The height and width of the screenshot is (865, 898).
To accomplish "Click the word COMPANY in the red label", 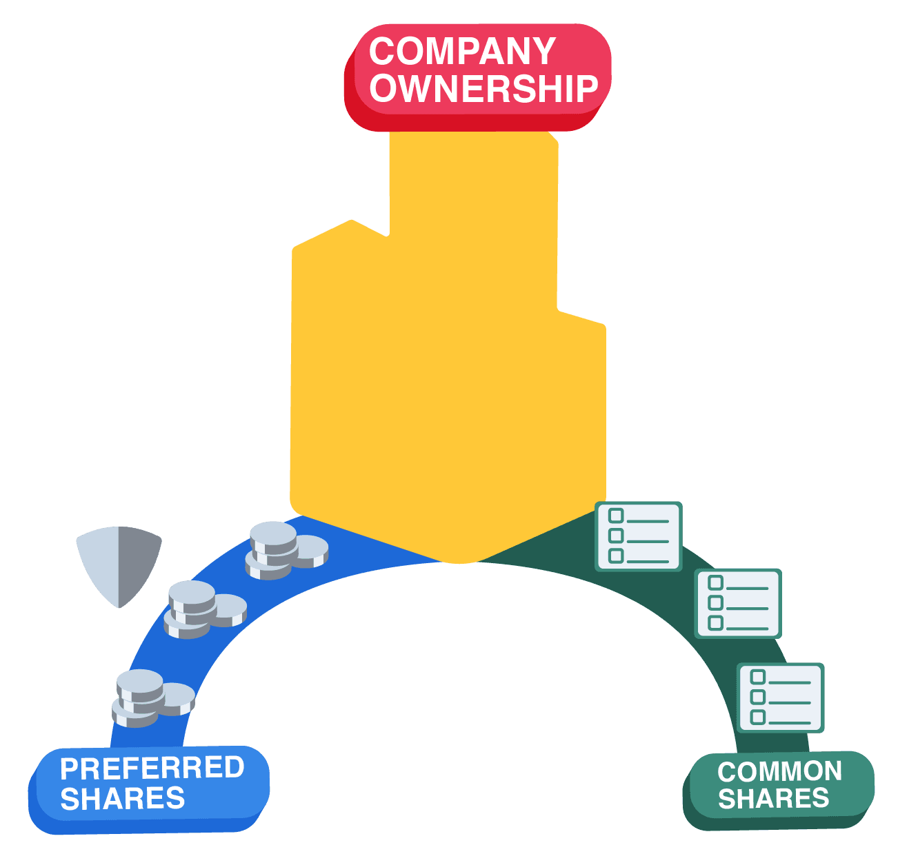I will coord(462,52).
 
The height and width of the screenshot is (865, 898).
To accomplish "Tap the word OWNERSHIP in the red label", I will coord(483,89).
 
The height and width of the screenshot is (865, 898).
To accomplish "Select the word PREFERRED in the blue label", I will coord(152,768).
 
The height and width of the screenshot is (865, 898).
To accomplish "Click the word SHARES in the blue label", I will coord(123,799).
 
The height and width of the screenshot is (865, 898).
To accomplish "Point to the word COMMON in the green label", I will coord(779,771).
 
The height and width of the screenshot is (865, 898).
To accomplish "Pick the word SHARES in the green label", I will coord(773,799).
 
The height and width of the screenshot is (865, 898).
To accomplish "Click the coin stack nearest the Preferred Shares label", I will coord(152,698).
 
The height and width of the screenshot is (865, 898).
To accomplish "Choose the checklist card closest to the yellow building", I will coord(638,536).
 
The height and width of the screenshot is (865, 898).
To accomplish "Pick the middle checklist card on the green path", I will coord(737,603).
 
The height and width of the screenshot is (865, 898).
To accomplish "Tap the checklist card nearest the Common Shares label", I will coord(780,697).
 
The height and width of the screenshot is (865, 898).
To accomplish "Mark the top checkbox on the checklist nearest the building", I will coord(616,516).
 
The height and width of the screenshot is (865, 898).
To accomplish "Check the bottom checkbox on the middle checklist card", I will coord(716,623).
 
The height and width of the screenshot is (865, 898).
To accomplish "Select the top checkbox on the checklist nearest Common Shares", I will coord(758,677).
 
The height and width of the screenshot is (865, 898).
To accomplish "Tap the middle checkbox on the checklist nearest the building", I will coord(616,536).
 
